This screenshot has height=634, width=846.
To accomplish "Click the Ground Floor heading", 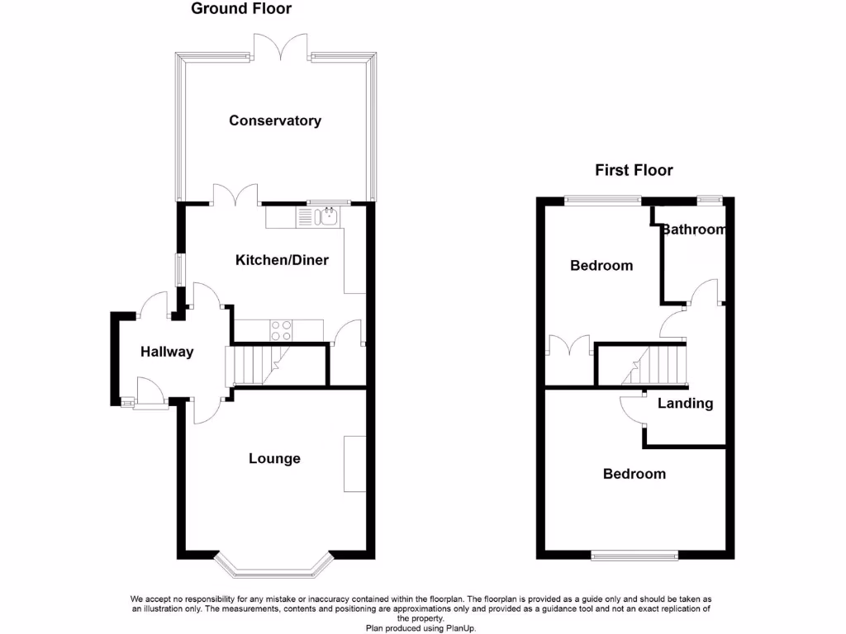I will pos(241,9).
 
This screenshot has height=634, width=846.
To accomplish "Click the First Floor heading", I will pos(634,170).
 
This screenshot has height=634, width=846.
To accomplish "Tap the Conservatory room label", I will pos(275,121).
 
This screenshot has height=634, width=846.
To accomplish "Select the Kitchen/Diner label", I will pos(282,260).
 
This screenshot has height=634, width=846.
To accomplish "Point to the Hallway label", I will pos(167,352).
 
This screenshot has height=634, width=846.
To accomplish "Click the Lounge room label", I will pos(274,458).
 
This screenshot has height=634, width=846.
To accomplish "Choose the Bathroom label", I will pos(692,229).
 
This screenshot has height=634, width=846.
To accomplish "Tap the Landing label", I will pos(685,403).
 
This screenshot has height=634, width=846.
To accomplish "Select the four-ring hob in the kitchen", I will pos(281,330).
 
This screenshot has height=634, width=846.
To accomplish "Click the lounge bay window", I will pos(274,567).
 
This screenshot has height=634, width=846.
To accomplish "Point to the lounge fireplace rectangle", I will pos(354,463).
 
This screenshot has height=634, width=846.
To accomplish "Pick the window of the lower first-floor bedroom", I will pos(634,556).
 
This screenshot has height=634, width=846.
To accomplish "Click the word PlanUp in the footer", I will pos(460,628).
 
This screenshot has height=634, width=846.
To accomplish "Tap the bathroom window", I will pos(708,199).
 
